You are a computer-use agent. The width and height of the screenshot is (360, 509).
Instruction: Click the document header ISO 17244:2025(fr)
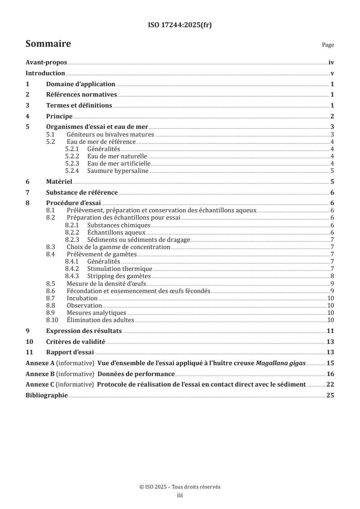[x=180, y=25]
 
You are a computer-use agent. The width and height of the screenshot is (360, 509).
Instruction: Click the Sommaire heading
[x=48, y=44]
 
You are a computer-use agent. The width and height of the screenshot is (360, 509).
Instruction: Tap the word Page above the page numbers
[x=328, y=45]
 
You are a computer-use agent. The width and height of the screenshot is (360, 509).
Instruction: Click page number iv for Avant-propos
[x=331, y=63]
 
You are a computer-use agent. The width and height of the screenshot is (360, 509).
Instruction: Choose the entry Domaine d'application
[x=81, y=84]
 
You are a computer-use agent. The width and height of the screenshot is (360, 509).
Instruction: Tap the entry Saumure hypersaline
[x=118, y=171]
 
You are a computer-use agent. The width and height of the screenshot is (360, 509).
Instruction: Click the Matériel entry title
[x=59, y=181]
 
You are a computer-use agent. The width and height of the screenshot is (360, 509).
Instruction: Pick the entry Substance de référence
[x=82, y=192]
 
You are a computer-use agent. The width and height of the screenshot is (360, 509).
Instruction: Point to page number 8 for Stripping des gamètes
[x=333, y=276]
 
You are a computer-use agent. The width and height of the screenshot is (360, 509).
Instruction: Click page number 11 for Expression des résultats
[x=331, y=331]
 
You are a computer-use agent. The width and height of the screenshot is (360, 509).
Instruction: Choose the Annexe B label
[x=39, y=374]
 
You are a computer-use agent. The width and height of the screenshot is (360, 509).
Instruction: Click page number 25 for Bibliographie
[x=330, y=396]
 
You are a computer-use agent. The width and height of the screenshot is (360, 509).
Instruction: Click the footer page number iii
[x=180, y=495]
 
